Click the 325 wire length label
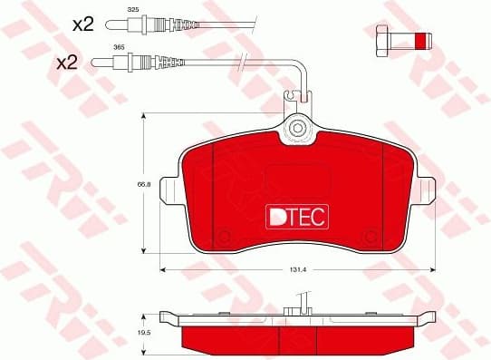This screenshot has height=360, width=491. tap(133, 8)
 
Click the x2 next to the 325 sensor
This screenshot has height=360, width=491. tap(82, 24)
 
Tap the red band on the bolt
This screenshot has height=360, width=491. tap(419, 41)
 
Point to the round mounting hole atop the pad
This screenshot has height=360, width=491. tap(296, 130)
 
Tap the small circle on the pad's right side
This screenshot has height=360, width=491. tap(369, 238)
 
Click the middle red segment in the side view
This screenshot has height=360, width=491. tap(296, 341)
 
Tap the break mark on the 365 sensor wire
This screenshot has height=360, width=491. tap(243, 63)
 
